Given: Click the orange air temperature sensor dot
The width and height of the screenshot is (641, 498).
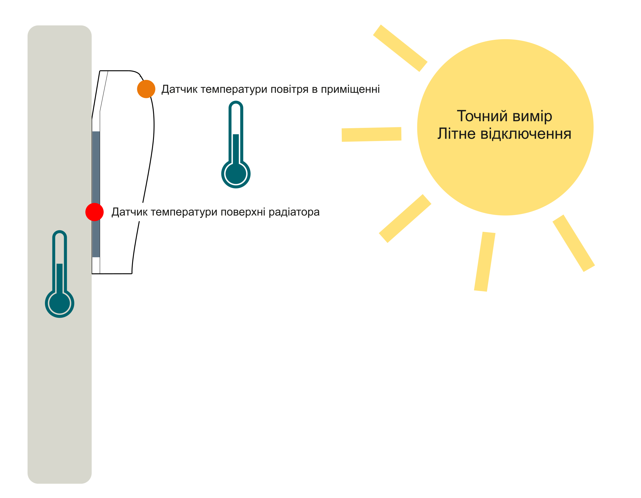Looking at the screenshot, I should tap(146, 89).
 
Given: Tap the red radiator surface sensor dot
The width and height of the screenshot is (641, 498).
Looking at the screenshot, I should tap(94, 212).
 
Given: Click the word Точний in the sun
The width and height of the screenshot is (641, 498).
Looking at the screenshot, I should tap(482, 116).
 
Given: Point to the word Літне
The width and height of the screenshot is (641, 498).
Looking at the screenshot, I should tap(456, 134).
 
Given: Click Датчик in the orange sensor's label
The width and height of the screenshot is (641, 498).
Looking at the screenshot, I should tap(179, 90).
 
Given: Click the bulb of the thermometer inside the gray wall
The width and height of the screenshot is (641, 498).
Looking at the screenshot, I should tap(60, 303).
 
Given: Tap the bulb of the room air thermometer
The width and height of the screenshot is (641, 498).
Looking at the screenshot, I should tap(236, 174).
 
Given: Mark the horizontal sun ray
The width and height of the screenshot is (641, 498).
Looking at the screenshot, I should tap(371, 134).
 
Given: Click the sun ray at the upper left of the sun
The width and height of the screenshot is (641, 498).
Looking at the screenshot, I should tap(400, 48).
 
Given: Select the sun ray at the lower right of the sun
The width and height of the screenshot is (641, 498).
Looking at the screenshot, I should tap(573, 243).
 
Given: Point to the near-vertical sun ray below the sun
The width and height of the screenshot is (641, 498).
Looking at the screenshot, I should tap(484, 261).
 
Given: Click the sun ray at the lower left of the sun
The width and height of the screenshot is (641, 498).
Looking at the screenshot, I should tap(405, 219).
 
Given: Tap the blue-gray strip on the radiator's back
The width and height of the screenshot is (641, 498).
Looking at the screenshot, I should tap(96, 168).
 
